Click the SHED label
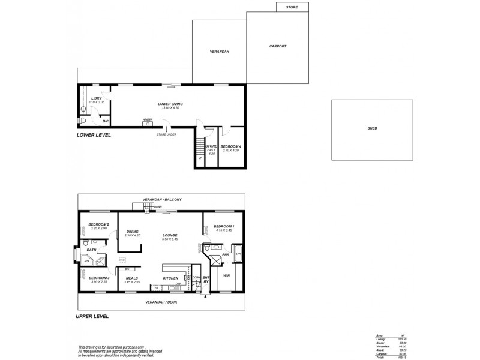pos(373,128)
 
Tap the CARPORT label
pos(278,46)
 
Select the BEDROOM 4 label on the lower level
pos(230,146)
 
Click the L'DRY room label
pos(96,98)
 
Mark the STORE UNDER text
pos(166,134)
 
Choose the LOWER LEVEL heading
pos(94,136)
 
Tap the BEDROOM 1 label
pos(224,226)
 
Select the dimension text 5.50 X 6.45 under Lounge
pos(170,239)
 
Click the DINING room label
pos(132,231)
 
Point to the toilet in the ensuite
pos(208,247)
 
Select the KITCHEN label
pos(170,278)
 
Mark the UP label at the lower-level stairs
pos(200,158)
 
